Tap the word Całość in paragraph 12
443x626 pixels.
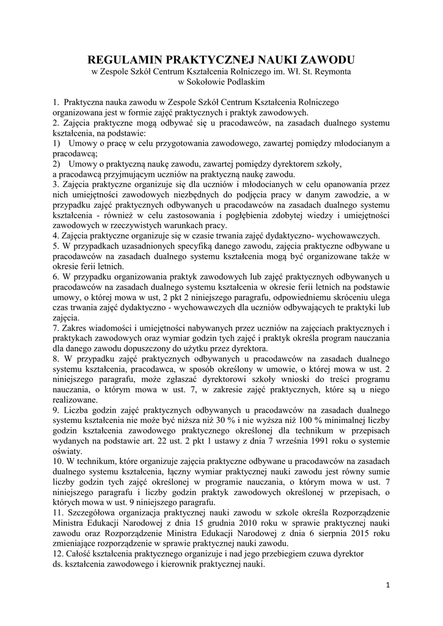coord(81,553)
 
